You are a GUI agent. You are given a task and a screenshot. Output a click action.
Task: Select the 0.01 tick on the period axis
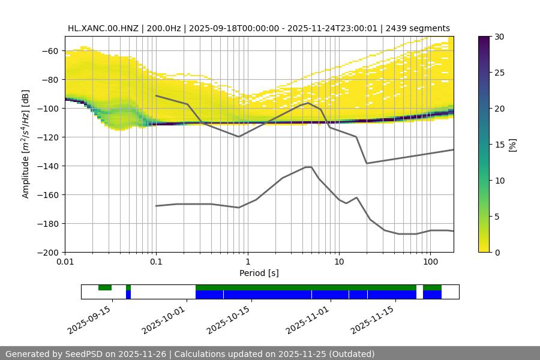tap(65, 262)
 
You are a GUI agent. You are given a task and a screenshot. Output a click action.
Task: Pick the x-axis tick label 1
tap(247, 262)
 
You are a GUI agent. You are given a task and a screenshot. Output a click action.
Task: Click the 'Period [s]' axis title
tap(259, 274)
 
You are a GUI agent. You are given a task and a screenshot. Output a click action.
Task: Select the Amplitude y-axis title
tap(26, 145)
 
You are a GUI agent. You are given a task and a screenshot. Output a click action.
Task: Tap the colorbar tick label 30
tap(499, 37)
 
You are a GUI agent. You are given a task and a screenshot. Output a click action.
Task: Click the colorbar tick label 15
tap(499, 145)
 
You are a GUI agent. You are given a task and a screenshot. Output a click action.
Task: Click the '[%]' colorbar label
tap(512, 145)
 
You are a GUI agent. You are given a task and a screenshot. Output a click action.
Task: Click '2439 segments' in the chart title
tap(418, 28)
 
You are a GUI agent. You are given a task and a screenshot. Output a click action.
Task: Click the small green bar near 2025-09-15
tap(105, 287)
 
